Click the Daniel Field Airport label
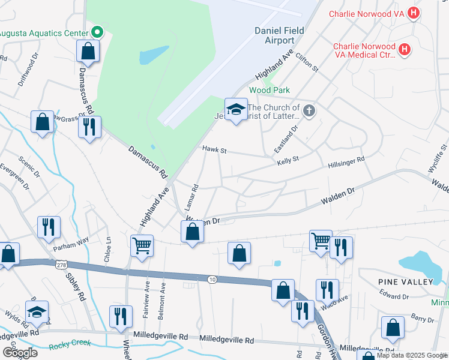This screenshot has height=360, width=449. click(x=274, y=35)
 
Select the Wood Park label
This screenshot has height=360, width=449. click(x=270, y=90)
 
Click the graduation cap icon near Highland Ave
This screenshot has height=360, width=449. click(x=236, y=109)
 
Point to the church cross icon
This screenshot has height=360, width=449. click(x=309, y=110)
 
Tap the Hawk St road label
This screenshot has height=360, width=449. click(x=214, y=149)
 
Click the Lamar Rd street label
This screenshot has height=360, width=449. click(x=194, y=197)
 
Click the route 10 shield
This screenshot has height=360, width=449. click(x=212, y=280)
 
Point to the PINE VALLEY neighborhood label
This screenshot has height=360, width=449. click(x=405, y=281)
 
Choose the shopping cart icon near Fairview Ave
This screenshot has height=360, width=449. click(x=142, y=245)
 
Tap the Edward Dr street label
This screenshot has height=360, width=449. click(x=393, y=296)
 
